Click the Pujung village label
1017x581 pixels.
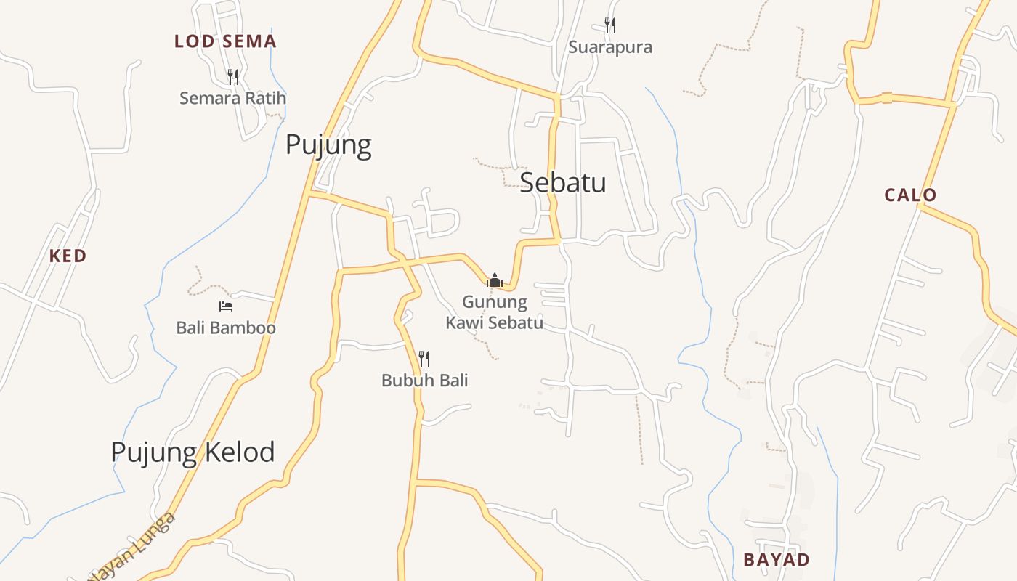pyautogui.click(x=328, y=145)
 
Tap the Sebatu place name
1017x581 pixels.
pyautogui.click(x=563, y=182)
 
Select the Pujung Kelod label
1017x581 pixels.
pyautogui.click(x=193, y=452)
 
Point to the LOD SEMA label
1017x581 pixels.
pyautogui.click(x=225, y=41)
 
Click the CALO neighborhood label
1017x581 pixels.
pyautogui.click(x=910, y=195)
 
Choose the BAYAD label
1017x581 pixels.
pyautogui.click(x=776, y=560)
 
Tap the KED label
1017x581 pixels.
pyautogui.click(x=68, y=256)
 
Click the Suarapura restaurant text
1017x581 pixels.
pyautogui.click(x=610, y=47)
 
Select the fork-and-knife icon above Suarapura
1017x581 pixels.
pyautogui.click(x=610, y=25)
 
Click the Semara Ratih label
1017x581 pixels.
pyautogui.click(x=232, y=98)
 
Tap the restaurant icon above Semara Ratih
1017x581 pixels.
pyautogui.click(x=232, y=76)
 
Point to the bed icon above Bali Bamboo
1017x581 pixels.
pyautogui.click(x=226, y=306)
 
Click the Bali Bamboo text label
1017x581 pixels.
pyautogui.click(x=226, y=328)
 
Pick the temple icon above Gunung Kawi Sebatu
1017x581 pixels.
pyautogui.click(x=495, y=280)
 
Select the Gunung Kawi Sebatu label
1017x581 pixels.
pyautogui.click(x=495, y=312)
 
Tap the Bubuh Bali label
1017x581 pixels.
pyautogui.click(x=425, y=380)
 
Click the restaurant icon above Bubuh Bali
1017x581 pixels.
pyautogui.click(x=424, y=358)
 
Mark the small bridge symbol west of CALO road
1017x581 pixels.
pyautogui.click(x=886, y=98)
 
